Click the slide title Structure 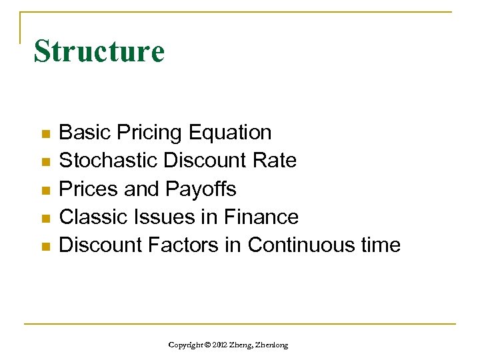99,51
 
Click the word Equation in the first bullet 230,133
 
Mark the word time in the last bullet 381,245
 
